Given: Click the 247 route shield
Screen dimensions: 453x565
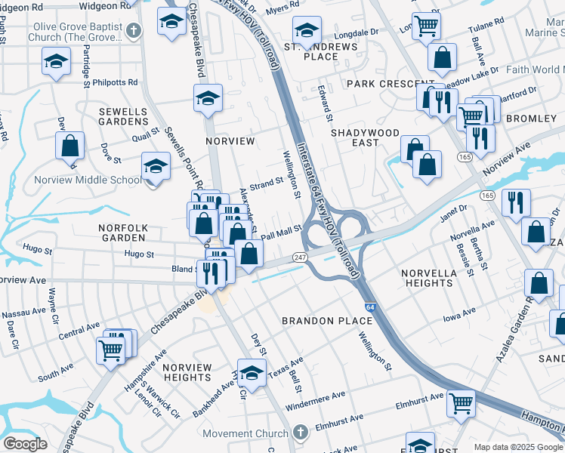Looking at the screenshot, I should click(300, 257).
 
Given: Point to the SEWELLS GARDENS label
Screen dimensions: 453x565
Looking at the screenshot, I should click(123, 116).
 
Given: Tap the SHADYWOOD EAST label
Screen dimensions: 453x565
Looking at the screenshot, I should click(365, 137).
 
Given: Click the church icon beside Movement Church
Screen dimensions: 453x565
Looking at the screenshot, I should click(300, 433).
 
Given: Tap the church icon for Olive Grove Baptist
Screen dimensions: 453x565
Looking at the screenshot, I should click(134, 31).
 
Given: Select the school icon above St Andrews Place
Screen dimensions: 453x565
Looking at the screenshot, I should click(307, 30).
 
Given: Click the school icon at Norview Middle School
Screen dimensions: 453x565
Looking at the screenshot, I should click(156, 165).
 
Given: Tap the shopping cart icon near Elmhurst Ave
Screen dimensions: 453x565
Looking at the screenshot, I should click(460, 402).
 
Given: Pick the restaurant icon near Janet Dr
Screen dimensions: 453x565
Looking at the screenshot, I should click(516, 202).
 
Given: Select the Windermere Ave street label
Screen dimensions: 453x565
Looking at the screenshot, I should click(319, 395).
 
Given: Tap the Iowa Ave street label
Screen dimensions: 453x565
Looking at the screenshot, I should click(459, 311).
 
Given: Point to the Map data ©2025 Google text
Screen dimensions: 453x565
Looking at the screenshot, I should click(517, 447).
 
